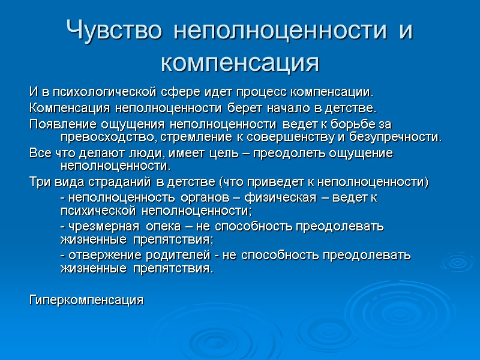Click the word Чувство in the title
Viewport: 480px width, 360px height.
tap(115, 29)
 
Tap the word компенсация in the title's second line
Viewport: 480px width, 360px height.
tap(240, 61)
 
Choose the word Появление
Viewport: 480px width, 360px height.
tap(59, 124)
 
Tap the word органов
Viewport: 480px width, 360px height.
tap(172, 197)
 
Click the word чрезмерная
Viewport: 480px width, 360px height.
tap(96, 226)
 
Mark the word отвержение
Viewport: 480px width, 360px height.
tap(97, 255)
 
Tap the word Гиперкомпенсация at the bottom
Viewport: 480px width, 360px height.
tap(86, 299)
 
